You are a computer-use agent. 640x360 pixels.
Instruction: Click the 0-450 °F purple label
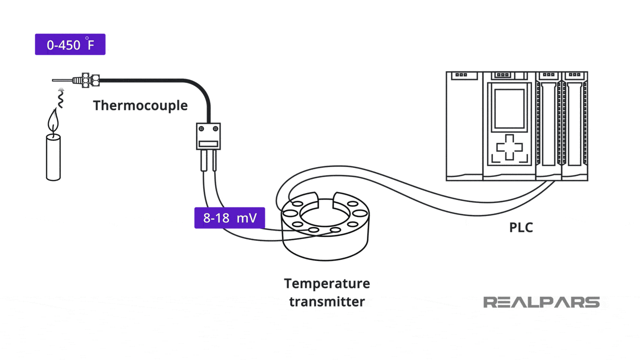click(70, 45)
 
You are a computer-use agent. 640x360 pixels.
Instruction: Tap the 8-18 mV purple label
click(229, 218)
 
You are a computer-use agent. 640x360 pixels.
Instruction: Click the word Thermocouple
click(140, 106)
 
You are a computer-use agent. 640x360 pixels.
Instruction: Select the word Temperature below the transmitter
click(326, 284)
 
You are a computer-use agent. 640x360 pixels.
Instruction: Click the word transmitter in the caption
click(326, 302)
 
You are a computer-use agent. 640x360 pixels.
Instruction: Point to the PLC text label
click(521, 228)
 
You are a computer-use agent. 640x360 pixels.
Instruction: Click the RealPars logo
click(541, 302)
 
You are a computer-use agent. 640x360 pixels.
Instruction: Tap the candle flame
click(53, 121)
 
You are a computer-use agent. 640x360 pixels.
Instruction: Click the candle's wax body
click(53, 157)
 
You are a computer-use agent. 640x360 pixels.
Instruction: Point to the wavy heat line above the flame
click(61, 100)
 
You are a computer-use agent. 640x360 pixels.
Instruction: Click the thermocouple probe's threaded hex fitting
click(86, 80)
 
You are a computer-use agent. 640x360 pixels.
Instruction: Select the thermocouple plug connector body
click(208, 136)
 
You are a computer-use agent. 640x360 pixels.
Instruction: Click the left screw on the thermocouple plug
click(202, 129)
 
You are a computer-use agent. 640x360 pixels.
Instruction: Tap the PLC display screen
click(509, 108)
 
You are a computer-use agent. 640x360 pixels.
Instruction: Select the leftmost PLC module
click(464, 126)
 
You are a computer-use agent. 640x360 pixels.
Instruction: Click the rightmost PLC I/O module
click(575, 126)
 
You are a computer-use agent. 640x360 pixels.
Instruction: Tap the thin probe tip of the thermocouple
click(61, 80)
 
